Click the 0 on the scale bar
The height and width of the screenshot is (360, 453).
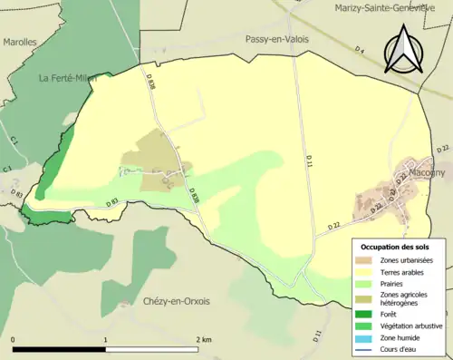click(x=14, y=339)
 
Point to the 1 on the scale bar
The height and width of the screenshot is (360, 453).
click(x=106, y=339)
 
